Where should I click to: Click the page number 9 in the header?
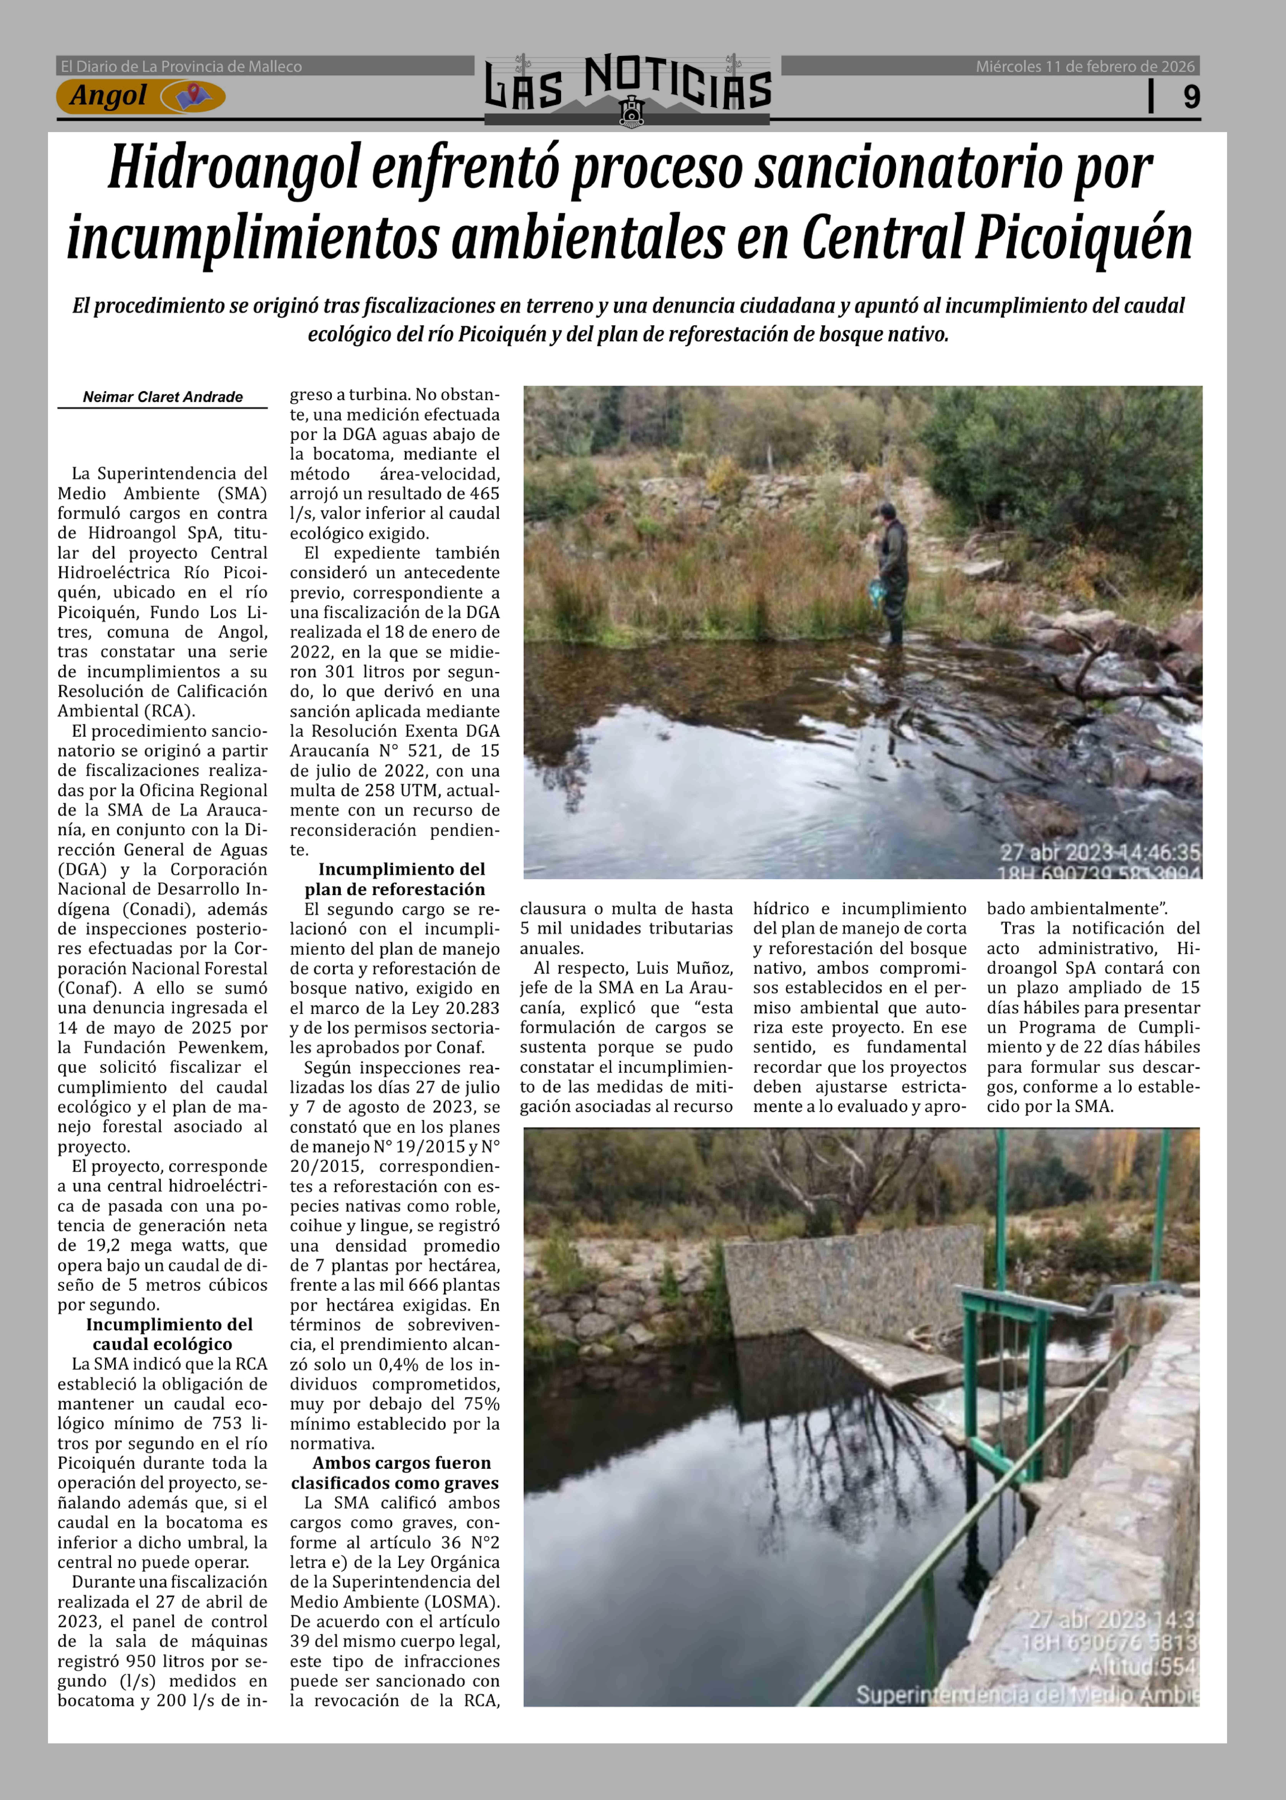tap(1191, 97)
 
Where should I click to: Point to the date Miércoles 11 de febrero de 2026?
tap(1085, 66)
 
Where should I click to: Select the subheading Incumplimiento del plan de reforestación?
tap(394, 879)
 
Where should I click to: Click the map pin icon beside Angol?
tap(188, 97)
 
